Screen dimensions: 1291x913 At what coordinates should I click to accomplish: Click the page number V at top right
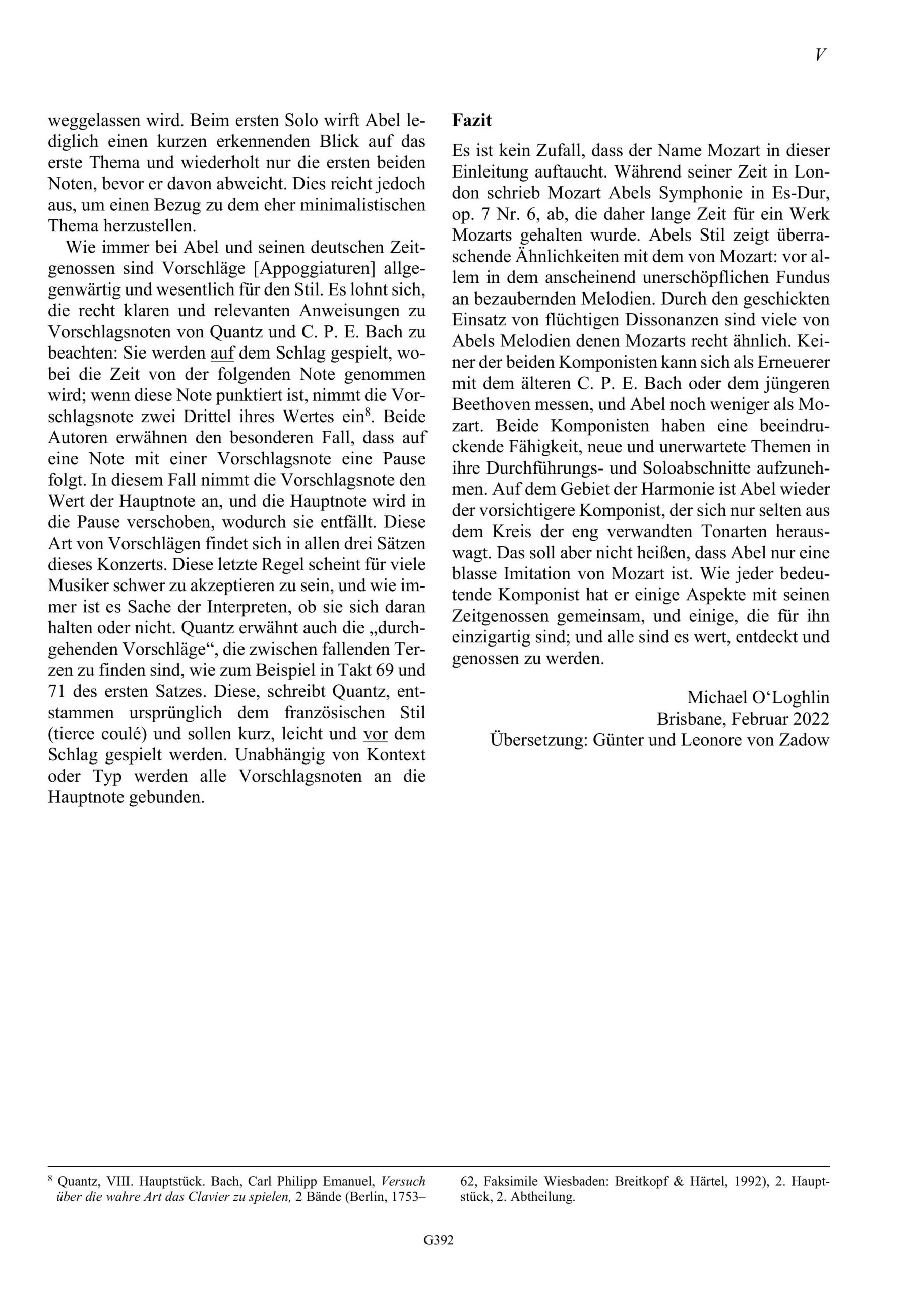coord(820,55)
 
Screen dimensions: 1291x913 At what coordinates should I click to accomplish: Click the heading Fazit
coord(472,121)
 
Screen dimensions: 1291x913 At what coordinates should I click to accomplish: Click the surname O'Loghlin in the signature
coord(790,698)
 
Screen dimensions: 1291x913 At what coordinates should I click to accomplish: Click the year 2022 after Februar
coord(811,719)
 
